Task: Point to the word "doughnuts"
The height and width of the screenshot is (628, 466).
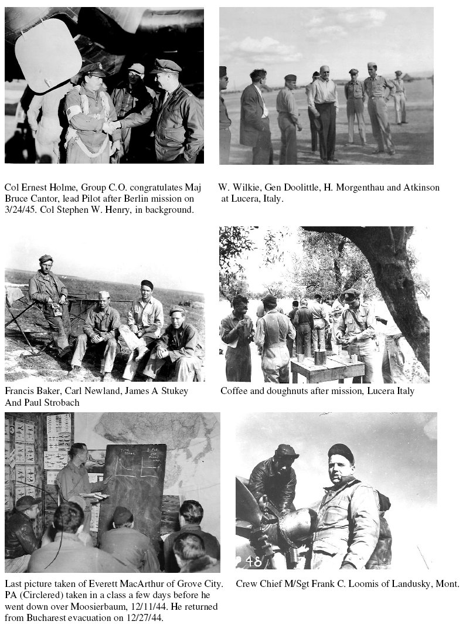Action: [278, 391]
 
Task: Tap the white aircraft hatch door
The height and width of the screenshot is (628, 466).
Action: [47, 55]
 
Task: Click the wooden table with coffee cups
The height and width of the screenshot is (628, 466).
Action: [328, 366]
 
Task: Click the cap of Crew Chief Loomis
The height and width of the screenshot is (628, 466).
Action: [341, 452]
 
